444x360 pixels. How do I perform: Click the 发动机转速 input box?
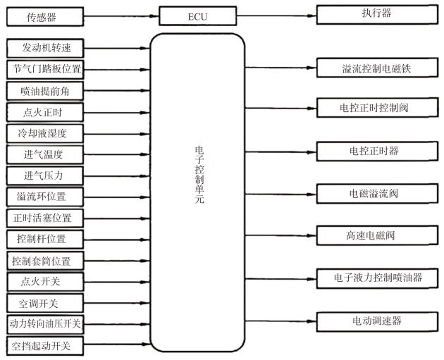point(46,48)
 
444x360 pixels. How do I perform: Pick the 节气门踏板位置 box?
point(46,69)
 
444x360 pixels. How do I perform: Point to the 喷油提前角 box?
point(46,90)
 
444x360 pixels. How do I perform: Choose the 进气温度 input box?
point(46,154)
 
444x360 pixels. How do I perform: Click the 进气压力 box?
point(46,175)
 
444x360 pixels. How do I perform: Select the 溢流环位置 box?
point(46,196)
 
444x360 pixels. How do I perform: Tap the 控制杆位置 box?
point(46,238)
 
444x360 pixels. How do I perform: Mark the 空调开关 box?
point(46,303)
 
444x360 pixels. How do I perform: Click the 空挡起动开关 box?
point(46,346)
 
